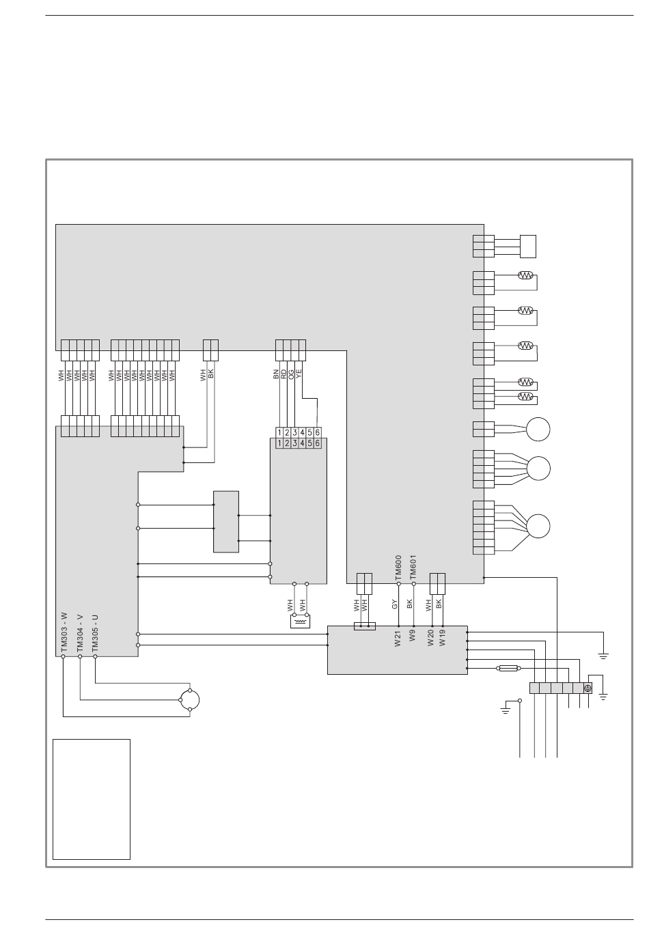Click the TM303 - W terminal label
point(64,632)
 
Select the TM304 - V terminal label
point(80,633)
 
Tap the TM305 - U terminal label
point(95,633)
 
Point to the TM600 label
point(398,568)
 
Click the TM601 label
point(413,568)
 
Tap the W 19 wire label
point(442,638)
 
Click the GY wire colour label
point(395,604)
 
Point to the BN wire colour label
point(275,374)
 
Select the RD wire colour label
point(283,374)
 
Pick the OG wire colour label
point(290,374)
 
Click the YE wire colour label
point(298,374)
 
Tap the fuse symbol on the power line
point(508,668)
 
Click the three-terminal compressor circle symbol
point(189,700)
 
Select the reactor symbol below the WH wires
point(301,621)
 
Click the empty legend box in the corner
point(92,799)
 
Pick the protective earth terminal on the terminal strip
point(588,688)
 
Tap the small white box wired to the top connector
point(528,247)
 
